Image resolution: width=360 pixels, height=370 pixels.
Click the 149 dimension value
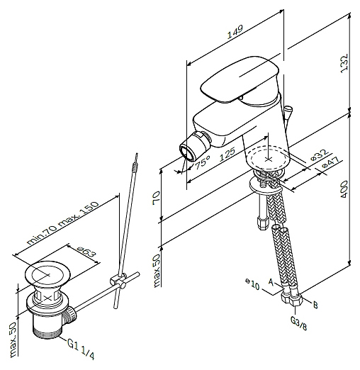coord(235,32)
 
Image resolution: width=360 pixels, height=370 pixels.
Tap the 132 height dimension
coord(344,64)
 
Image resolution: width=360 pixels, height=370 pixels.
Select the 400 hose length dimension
coord(344,189)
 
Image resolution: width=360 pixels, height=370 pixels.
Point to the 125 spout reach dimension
coord(227,155)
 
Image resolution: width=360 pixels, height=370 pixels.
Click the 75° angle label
coord(203,163)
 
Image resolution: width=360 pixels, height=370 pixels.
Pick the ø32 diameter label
coord(320,155)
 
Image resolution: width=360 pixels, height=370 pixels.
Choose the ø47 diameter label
coord(331,162)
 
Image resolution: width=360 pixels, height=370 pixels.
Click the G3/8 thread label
coord(298,323)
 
